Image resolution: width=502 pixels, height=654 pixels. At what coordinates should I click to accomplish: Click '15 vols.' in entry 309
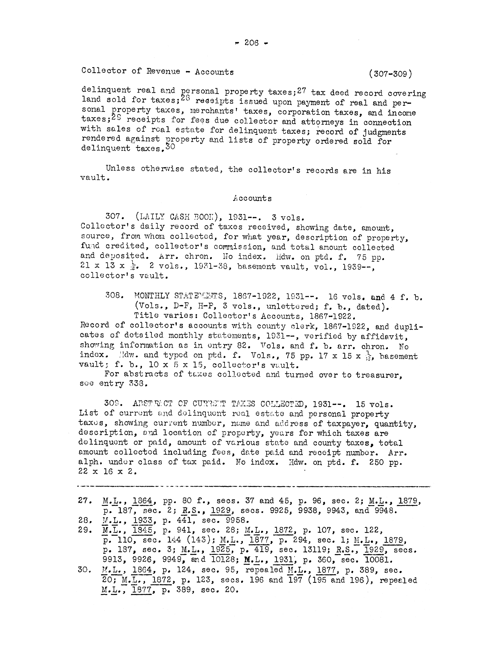[x=374, y=405]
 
